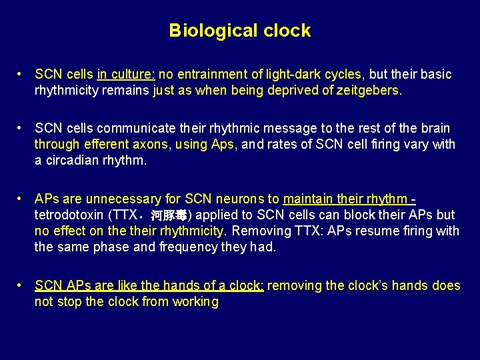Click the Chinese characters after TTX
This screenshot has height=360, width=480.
[170, 215]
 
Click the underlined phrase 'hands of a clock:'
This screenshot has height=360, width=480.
[217, 285]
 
